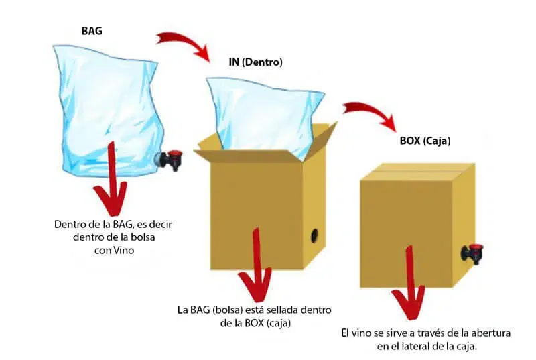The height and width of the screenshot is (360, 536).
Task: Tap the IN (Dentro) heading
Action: [x=255, y=62]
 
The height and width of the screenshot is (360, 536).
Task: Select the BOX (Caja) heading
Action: [x=419, y=141]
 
